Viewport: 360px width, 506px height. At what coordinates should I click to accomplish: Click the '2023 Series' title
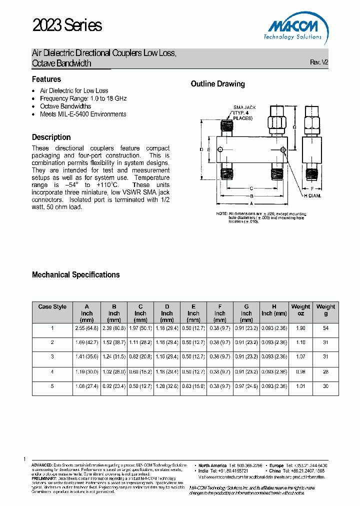pos(67,25)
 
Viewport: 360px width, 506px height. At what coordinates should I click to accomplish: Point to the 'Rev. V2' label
pos(319,62)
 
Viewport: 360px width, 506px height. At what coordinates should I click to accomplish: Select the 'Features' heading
pos(46,79)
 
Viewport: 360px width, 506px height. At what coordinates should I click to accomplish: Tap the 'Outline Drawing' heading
pos(217,84)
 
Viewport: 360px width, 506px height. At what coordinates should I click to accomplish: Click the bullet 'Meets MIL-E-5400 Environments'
pos(83,114)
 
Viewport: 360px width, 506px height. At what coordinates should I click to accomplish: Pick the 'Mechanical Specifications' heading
pos(75,274)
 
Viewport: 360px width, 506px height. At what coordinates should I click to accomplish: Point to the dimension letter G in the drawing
pos(295,127)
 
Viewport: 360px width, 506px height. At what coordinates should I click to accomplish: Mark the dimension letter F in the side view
pos(311,188)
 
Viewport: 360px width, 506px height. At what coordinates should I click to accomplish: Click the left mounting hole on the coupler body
pos(220,149)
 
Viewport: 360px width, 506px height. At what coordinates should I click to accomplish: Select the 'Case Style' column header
pos(52,307)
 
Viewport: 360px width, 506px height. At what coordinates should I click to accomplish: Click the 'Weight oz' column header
pos(300,310)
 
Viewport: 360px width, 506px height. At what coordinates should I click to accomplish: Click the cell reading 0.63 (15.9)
pos(193,386)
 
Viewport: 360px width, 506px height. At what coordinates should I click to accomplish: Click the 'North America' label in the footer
pos(212,465)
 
